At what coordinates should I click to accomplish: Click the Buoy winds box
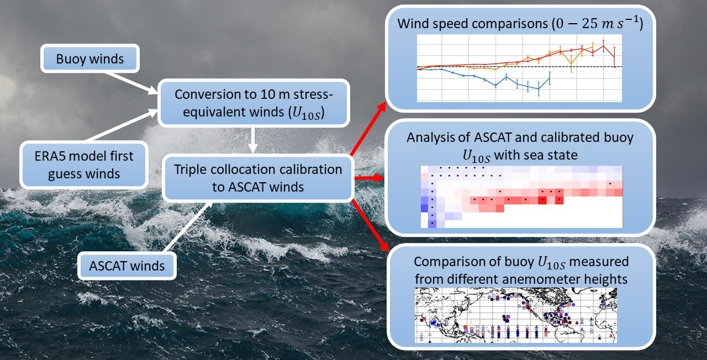90,59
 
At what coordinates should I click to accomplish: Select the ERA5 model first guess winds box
83,165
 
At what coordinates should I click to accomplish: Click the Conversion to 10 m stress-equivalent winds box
254,103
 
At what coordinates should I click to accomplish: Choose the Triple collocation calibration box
258,178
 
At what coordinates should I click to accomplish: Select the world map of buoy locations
515,313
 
